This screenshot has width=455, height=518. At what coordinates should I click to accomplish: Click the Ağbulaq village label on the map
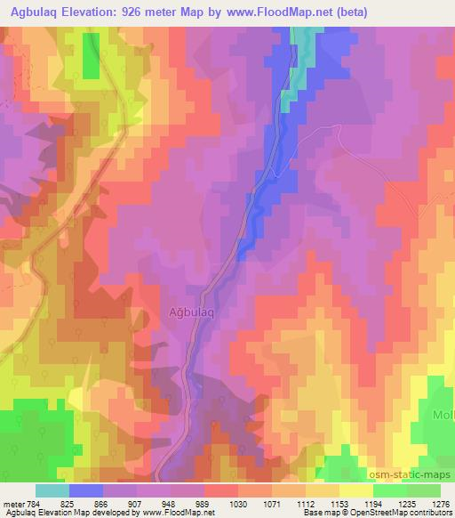tap(184, 312)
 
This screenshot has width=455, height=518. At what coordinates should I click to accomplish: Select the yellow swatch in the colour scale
tap(355, 490)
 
